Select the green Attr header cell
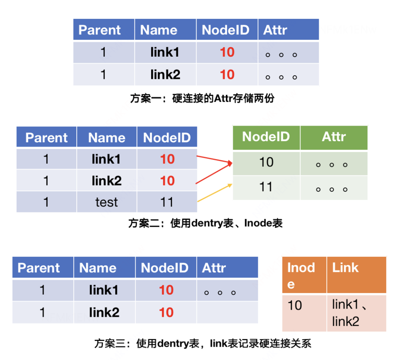tap(334, 137)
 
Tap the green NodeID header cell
tap(266, 137)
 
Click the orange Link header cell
tap(356, 274)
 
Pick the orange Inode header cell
tap(304, 274)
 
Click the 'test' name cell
tap(107, 202)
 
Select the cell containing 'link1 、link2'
tap(356, 313)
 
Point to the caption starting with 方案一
tap(202, 98)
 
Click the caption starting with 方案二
tap(205, 223)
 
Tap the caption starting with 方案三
tap(203, 343)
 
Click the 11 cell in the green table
tap(266, 187)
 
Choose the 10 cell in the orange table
tap(304, 313)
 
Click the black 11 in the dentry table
tap(167, 202)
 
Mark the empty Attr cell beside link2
tap(227, 312)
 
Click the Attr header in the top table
tap(288, 30)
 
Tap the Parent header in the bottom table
tap(43, 268)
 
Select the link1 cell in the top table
tap(165, 52)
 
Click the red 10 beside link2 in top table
tap(227, 75)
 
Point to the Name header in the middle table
tap(107, 138)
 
